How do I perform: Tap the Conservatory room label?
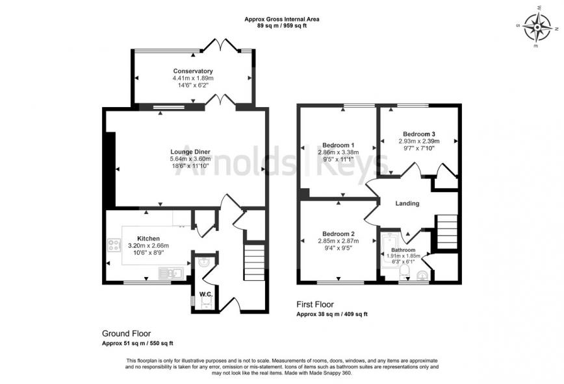[x=193, y=71]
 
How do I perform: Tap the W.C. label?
[x=206, y=294]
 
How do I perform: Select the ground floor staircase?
[x=253, y=263]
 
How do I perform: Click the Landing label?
[x=407, y=203]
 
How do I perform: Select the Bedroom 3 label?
[x=418, y=133]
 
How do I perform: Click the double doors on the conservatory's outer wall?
[x=221, y=45]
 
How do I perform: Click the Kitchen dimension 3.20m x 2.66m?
[x=148, y=246]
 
